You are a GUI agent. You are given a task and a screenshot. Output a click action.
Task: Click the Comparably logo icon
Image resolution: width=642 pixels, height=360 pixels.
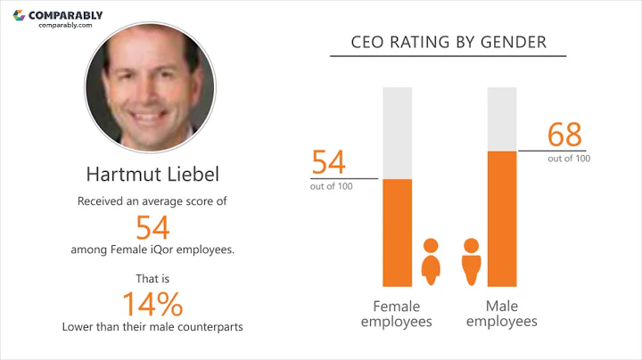coord(19,15)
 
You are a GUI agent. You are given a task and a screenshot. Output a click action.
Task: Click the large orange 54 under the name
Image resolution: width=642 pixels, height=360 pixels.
coord(152,226)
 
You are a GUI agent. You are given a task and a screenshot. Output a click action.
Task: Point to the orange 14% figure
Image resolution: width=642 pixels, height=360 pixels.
coord(152,303)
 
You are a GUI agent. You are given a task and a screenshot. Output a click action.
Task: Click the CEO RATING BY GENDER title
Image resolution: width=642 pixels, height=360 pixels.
coord(449,42)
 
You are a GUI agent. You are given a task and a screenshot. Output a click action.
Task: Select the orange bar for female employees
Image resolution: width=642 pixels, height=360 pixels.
coord(397,232)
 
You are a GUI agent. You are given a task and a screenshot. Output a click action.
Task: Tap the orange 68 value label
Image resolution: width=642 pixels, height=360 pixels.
coord(564,136)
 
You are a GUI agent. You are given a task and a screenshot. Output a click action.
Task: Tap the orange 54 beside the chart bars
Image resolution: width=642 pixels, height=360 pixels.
coord(328,164)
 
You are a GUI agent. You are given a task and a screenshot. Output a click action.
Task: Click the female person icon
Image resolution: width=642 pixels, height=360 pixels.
coord(431,261)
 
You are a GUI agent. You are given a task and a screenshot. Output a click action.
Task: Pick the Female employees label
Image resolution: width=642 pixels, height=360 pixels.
coord(397,313)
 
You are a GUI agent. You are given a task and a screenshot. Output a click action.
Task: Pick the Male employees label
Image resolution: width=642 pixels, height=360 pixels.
coord(502,313)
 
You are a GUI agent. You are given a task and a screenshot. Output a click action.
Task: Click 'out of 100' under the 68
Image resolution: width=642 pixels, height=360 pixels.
coord(568,158)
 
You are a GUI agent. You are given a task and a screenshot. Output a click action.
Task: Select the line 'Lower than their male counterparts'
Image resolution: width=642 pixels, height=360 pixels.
coord(152,326)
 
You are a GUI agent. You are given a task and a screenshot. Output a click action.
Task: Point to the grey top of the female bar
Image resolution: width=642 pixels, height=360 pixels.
coord(397,132)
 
